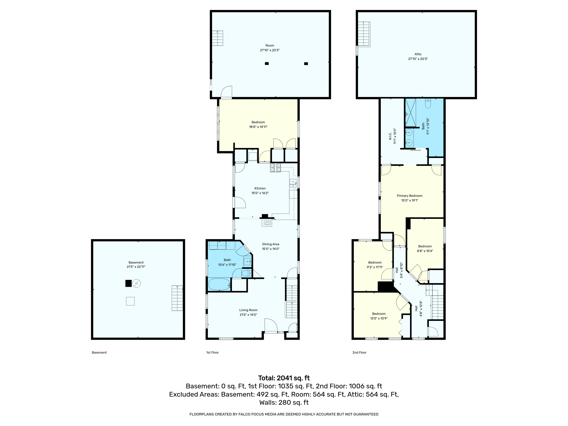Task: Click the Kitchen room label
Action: tap(260, 188)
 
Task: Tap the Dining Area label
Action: tap(271, 244)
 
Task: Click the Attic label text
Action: tap(418, 54)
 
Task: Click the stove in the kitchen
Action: tap(275, 168)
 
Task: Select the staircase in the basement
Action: tap(177, 298)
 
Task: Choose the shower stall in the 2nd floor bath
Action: tap(410, 113)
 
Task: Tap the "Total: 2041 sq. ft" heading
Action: tap(284, 378)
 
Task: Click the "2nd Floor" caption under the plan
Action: tap(360, 353)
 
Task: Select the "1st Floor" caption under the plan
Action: tap(212, 353)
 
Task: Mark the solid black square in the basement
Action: tap(128, 283)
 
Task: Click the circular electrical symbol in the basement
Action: tap(137, 283)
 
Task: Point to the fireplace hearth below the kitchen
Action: tap(267, 223)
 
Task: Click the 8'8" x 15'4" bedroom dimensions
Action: tap(425, 251)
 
